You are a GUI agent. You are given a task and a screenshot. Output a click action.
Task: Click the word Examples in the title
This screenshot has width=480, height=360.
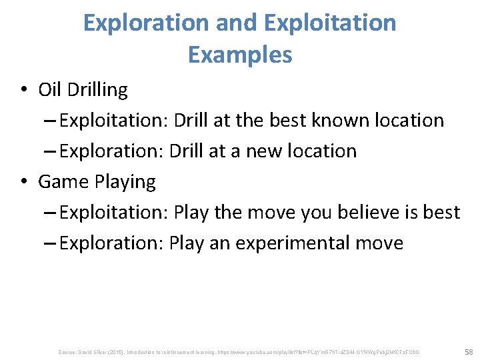pyautogui.click(x=240, y=55)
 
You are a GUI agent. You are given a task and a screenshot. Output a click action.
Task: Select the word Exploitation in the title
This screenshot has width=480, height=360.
pyautogui.click(x=330, y=23)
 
